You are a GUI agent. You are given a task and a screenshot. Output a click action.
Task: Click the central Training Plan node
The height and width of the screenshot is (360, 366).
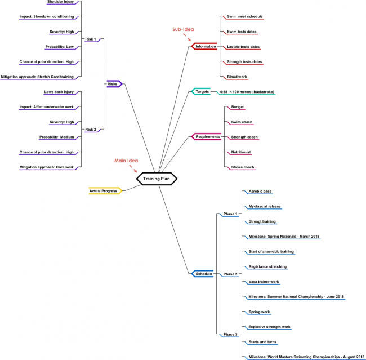pyautogui.click(x=157, y=179)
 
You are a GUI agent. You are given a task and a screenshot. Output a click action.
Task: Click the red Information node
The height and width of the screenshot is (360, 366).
pyautogui.click(x=205, y=46)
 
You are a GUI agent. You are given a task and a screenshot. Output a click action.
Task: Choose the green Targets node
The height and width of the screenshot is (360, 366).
pyautogui.click(x=202, y=91)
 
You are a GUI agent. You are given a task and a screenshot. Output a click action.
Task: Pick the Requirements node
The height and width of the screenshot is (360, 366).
pyautogui.click(x=207, y=136)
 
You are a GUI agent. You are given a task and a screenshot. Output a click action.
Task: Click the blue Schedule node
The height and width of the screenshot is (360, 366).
pyautogui.click(x=203, y=274)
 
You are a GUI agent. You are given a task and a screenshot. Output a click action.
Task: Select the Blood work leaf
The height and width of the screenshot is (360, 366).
pyautogui.click(x=237, y=77)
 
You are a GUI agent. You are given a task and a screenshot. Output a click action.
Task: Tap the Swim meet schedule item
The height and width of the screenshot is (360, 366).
pyautogui.click(x=244, y=16)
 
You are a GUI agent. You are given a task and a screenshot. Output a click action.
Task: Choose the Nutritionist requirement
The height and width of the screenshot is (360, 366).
pyautogui.click(x=241, y=152)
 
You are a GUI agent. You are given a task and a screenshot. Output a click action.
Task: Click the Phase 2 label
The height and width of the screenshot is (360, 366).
pyautogui.click(x=230, y=274)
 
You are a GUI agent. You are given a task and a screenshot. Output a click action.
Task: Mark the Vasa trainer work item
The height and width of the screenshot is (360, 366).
pyautogui.click(x=264, y=281)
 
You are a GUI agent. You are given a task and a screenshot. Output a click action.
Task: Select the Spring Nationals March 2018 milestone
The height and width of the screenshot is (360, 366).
pyautogui.click(x=284, y=236)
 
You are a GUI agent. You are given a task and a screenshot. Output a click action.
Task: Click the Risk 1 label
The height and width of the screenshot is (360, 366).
pyautogui.click(x=90, y=39)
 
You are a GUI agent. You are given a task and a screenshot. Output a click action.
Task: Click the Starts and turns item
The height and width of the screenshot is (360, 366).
pyautogui.click(x=262, y=341)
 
